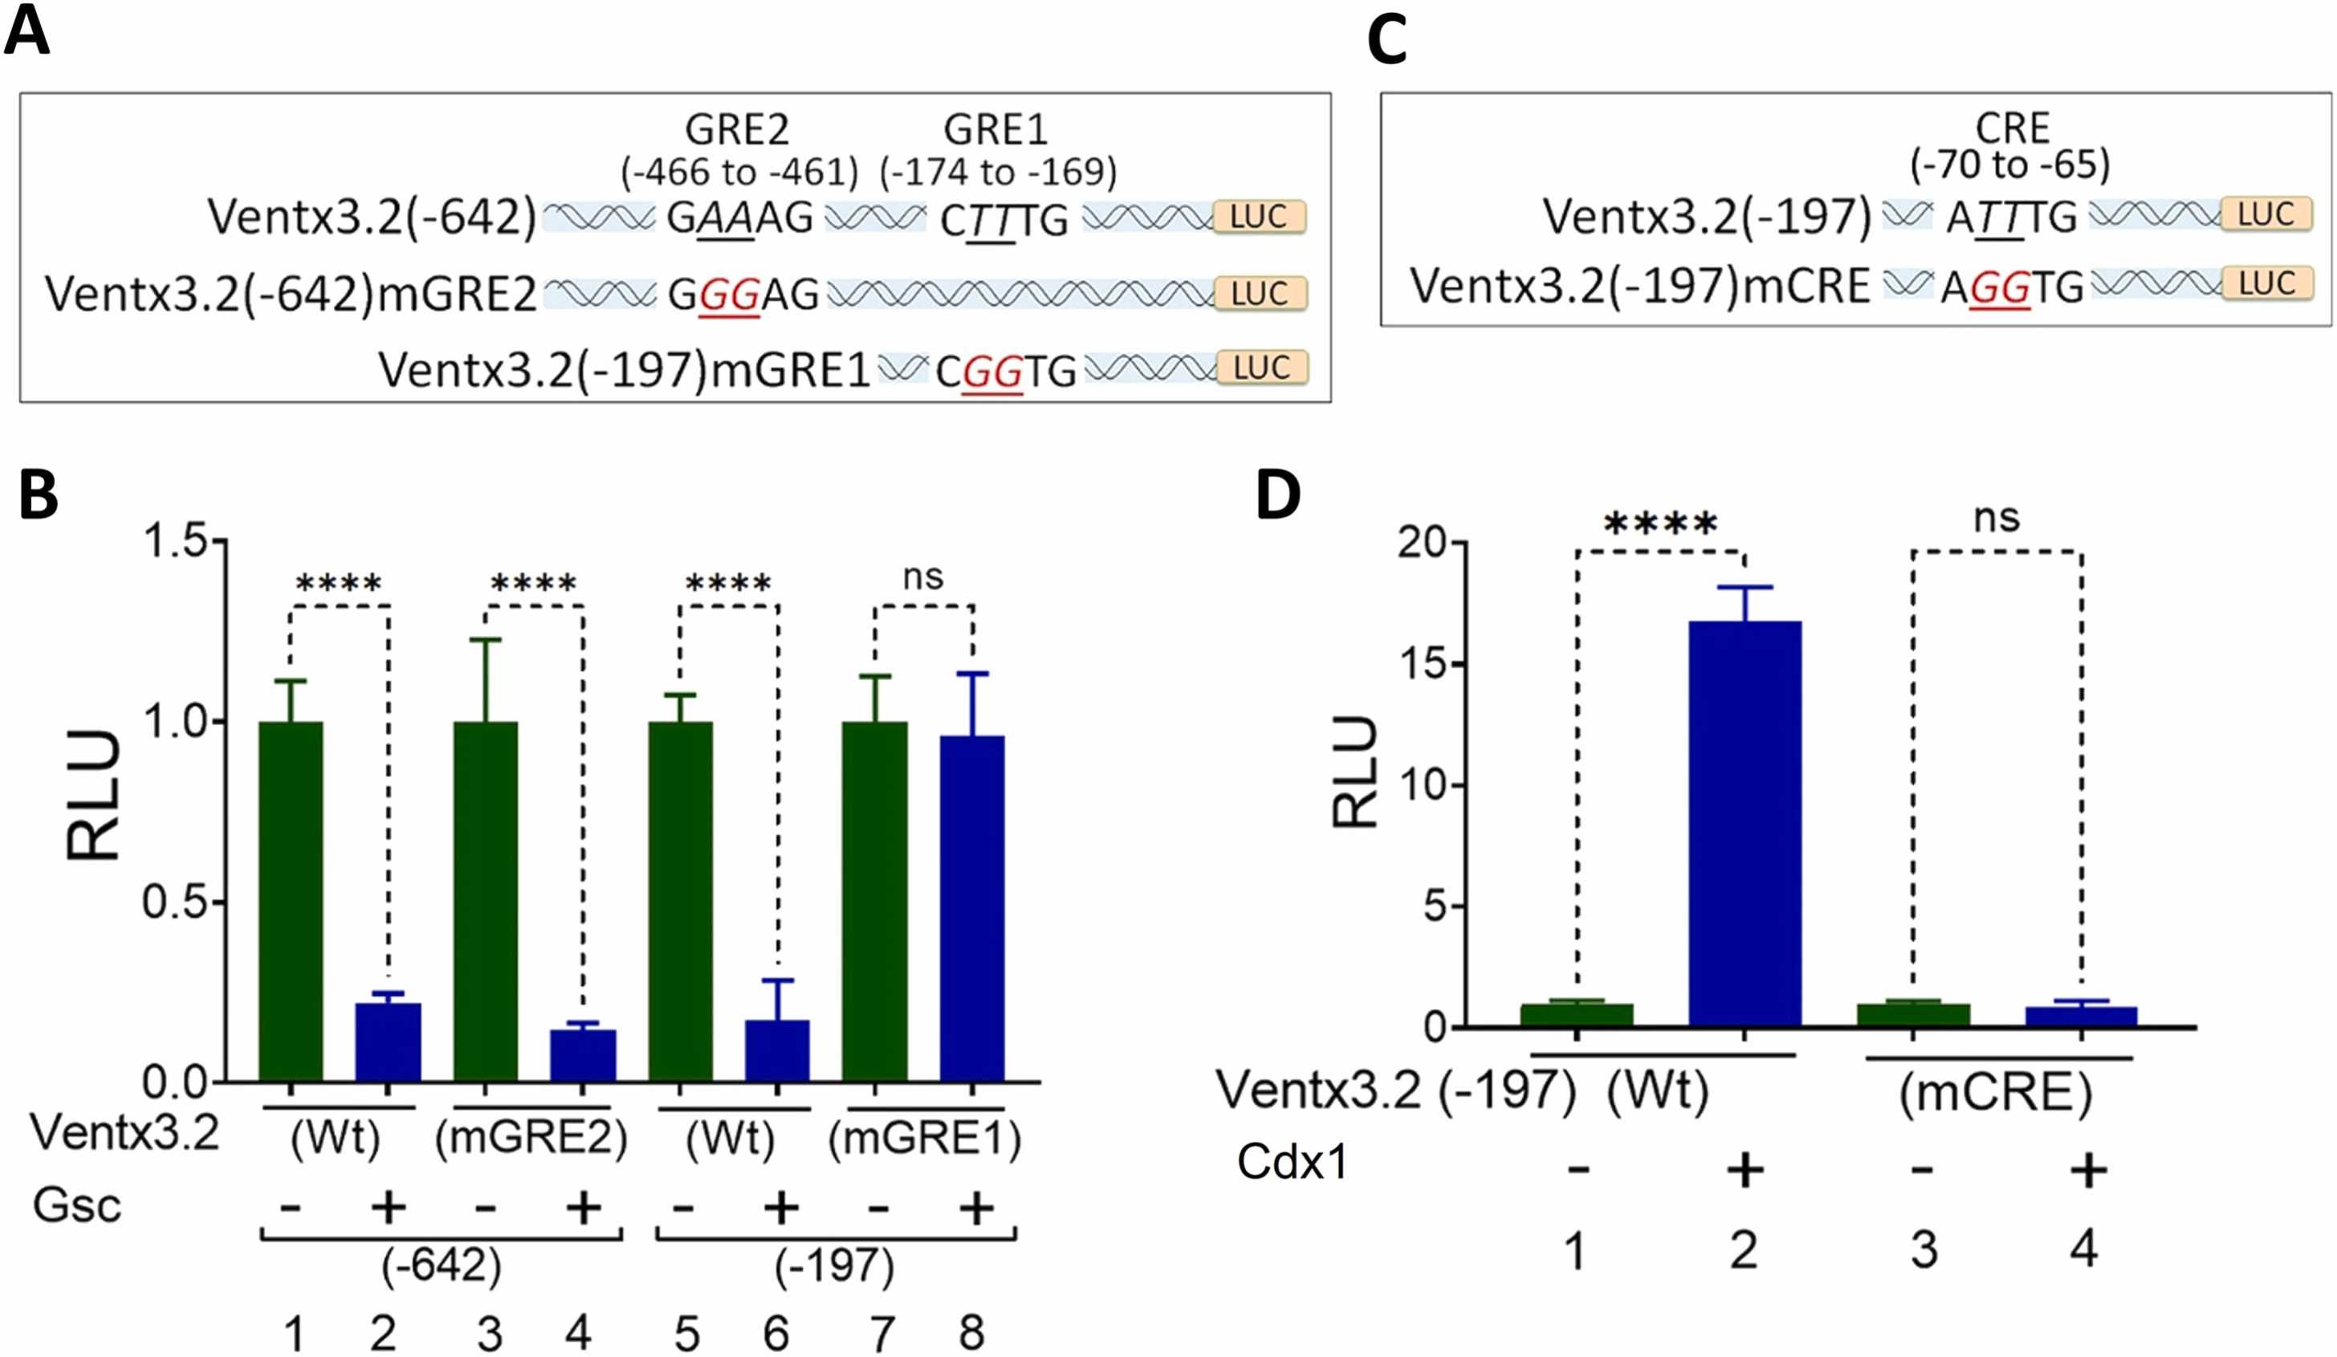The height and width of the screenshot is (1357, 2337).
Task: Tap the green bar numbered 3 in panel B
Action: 485,900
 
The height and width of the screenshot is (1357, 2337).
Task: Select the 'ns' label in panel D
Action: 1996,518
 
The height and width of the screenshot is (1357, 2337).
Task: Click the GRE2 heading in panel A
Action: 737,130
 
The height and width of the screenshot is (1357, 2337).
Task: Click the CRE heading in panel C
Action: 2012,127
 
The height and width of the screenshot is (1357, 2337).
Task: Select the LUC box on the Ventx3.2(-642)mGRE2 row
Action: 1260,293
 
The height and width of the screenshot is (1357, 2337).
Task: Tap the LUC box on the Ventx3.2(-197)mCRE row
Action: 2266,283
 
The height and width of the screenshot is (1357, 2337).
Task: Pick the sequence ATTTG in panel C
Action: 2010,217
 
